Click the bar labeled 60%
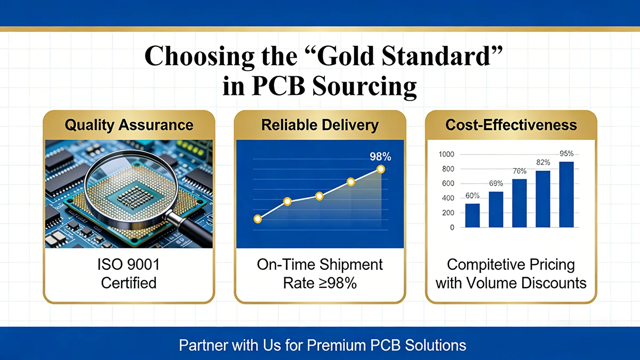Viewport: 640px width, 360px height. pyautogui.click(x=472, y=215)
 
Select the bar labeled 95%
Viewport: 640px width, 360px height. pyautogui.click(x=566, y=195)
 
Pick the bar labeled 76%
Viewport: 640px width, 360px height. pyautogui.click(x=519, y=203)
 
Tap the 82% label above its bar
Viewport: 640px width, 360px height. pyautogui.click(x=543, y=162)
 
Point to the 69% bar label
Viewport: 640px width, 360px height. pyautogui.click(x=496, y=183)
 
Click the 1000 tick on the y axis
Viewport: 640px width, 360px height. pyautogui.click(x=446, y=155)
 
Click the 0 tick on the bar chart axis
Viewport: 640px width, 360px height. pyautogui.click(x=452, y=228)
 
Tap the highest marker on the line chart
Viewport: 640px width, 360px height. pyautogui.click(x=380, y=169)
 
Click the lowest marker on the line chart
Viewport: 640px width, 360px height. pyautogui.click(x=258, y=219)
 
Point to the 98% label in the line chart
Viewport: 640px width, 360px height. pyautogui.click(x=380, y=157)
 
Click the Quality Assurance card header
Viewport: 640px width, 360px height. pyautogui.click(x=129, y=126)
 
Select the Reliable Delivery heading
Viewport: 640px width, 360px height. pyautogui.click(x=319, y=126)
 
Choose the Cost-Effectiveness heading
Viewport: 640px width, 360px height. pyautogui.click(x=510, y=126)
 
